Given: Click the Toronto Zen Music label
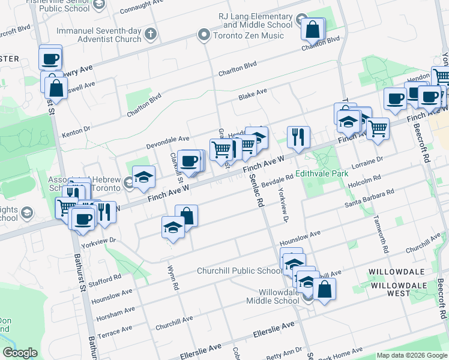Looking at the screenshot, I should point(247,35).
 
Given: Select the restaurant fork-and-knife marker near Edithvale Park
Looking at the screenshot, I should point(298,137).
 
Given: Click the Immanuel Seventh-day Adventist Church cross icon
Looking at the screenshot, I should point(149,34).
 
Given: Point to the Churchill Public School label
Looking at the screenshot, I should point(239,271).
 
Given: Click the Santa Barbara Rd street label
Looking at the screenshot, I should point(369,199).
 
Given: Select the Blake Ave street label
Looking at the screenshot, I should point(252,94).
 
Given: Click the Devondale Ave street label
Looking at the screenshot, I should point(168,142).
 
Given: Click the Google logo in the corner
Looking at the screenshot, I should point(20,353).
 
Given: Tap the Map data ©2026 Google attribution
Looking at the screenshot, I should point(412,355).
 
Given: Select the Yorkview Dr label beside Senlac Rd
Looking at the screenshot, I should point(282,205).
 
